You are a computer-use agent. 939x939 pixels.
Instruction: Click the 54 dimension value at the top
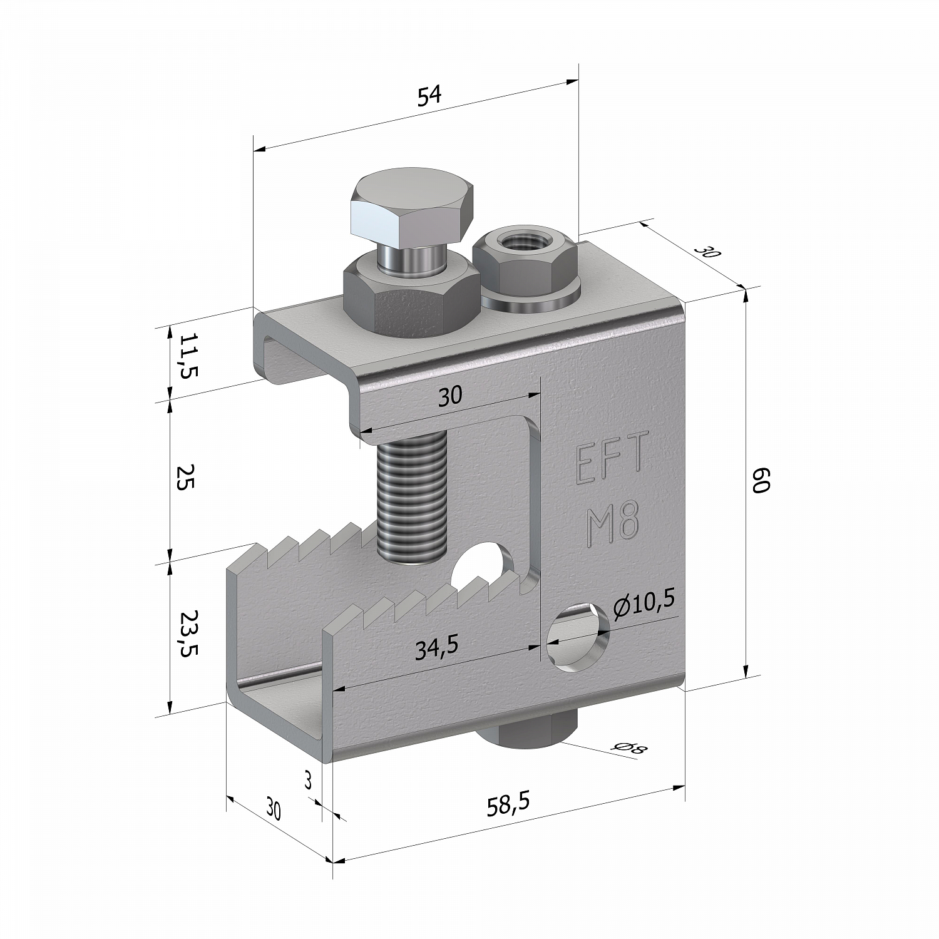[430, 96]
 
